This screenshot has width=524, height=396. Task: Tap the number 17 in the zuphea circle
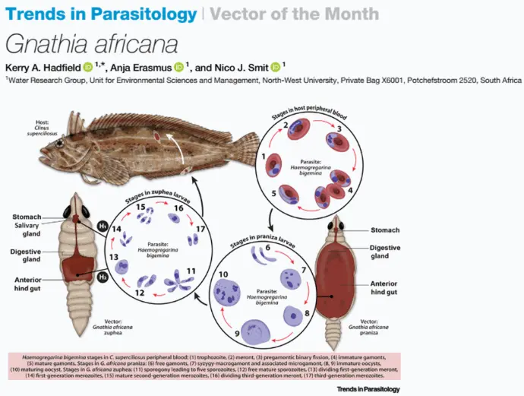pyautogui.click(x=200, y=228)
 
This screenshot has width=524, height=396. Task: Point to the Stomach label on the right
pyautogui.click(x=385, y=230)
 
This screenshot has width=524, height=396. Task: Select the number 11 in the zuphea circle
pyautogui.click(x=191, y=271)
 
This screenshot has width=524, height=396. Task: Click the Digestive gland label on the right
pyautogui.click(x=385, y=251)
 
